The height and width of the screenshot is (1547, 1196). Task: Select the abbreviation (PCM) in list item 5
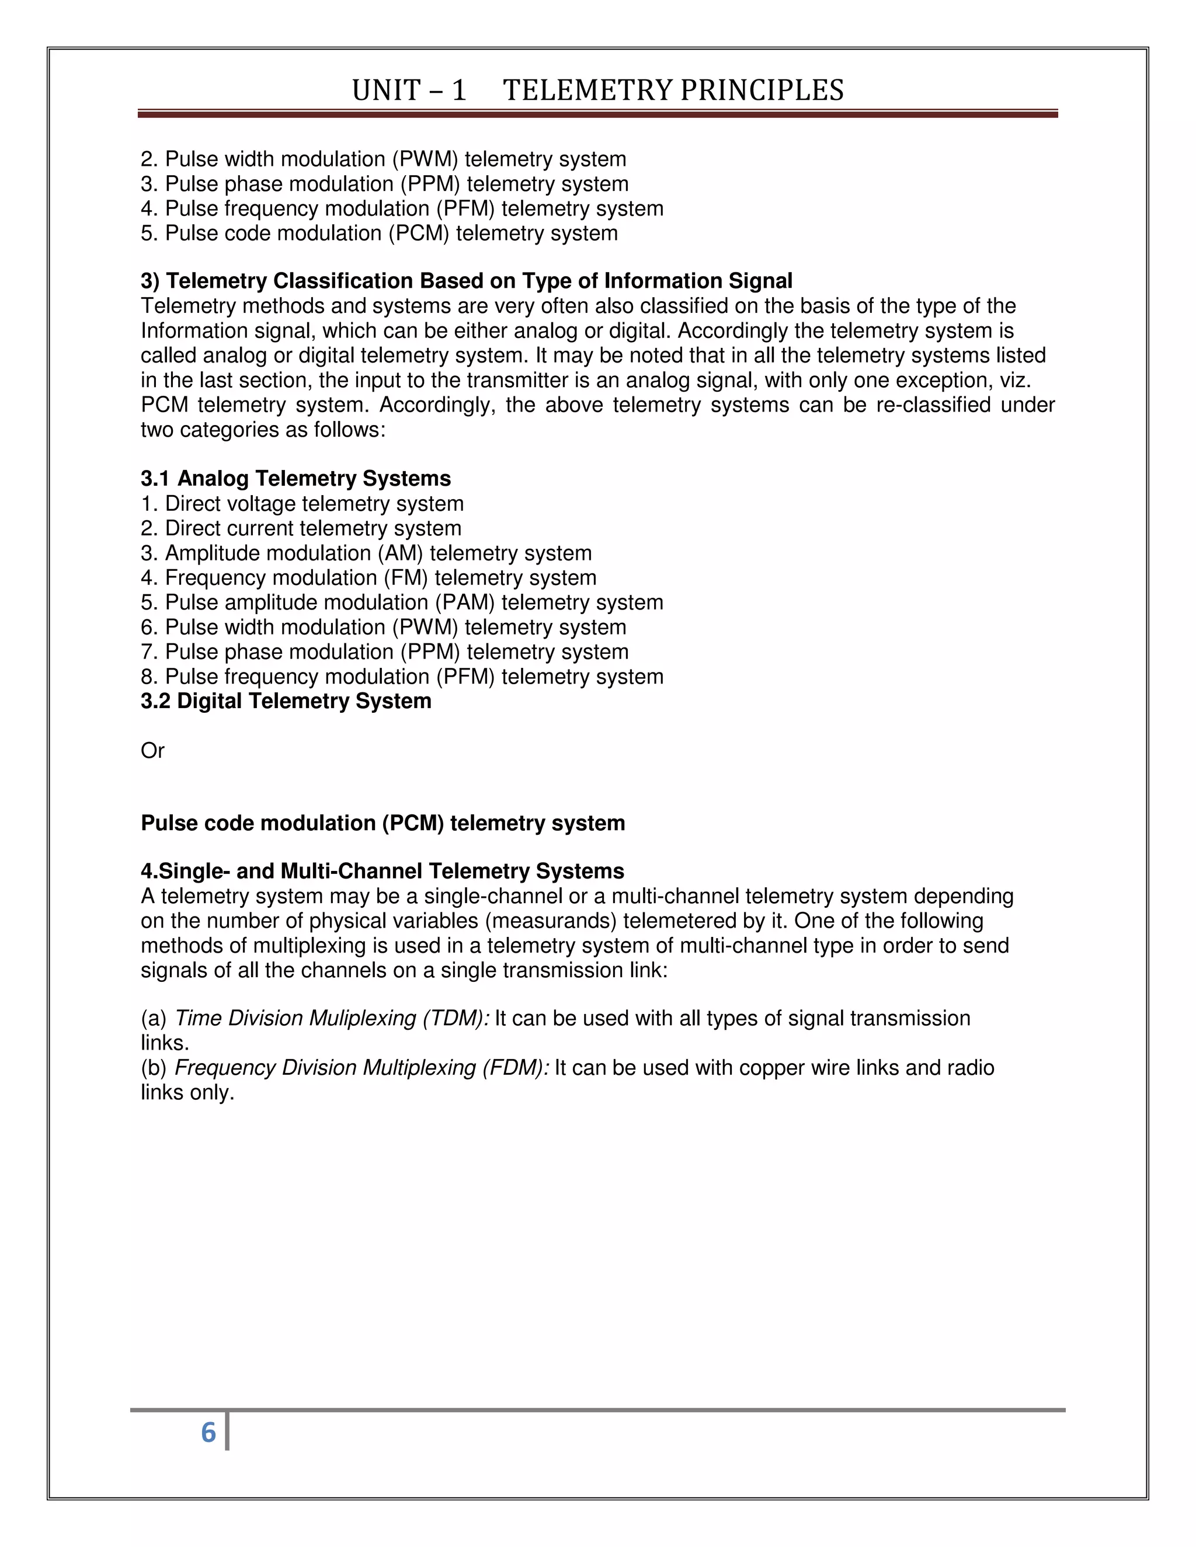click(418, 233)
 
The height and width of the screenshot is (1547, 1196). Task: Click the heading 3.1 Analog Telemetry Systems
click(295, 479)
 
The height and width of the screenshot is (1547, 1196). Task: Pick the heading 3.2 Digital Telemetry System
click(286, 701)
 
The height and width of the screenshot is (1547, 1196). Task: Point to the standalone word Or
click(152, 751)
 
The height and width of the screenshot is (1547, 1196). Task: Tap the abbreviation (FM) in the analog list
click(406, 578)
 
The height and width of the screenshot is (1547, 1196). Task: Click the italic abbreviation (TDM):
click(456, 1019)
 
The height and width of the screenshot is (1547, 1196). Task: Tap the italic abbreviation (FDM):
click(515, 1068)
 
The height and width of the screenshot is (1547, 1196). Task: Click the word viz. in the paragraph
click(1014, 381)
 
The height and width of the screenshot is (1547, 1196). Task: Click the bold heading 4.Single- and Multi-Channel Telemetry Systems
click(382, 871)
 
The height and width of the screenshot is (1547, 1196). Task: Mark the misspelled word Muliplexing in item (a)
click(362, 1019)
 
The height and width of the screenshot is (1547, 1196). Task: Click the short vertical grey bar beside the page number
click(227, 1431)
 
